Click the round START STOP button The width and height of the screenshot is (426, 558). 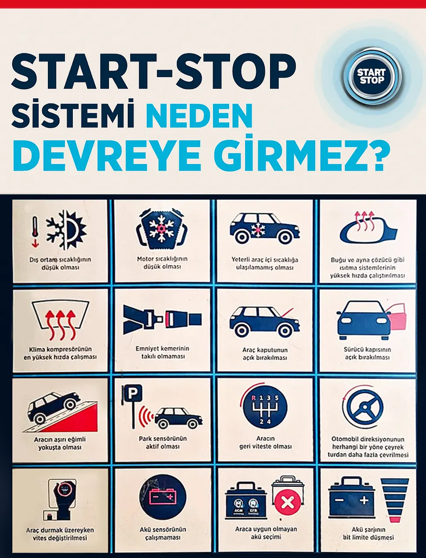pyautogui.click(x=372, y=76)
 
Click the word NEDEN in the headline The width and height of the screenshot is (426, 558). pyautogui.click(x=199, y=115)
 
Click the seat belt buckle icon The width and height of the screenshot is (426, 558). pyautogui.click(x=162, y=319)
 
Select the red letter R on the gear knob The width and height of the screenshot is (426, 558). pyautogui.click(x=253, y=398)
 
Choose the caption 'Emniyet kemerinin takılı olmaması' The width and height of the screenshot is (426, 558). pyautogui.click(x=162, y=352)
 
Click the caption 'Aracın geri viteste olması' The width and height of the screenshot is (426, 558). pyautogui.click(x=265, y=442)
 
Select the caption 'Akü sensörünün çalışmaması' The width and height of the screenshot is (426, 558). pyautogui.click(x=162, y=533)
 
